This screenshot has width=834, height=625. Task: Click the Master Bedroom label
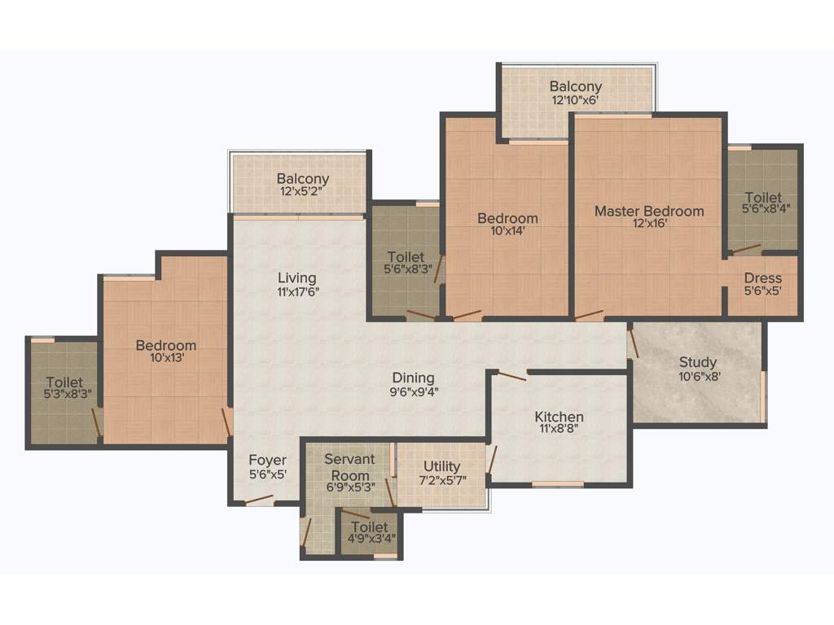[648, 211]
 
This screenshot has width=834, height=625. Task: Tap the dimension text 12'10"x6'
[575, 100]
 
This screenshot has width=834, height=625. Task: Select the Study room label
[698, 362]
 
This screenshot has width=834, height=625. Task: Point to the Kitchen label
[560, 417]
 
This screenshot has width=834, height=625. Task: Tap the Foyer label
[267, 461]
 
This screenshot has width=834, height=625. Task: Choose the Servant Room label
[349, 467]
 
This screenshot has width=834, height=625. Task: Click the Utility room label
[441, 466]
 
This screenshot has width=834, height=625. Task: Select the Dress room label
[762, 278]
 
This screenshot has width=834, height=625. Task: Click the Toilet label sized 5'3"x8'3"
[64, 382]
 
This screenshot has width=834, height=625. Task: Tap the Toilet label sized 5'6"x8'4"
[762, 197]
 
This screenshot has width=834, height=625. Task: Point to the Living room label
[296, 278]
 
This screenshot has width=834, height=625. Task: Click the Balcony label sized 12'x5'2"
[302, 179]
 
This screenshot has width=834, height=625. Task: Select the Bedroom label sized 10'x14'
[507, 218]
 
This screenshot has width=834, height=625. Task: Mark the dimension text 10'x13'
[165, 359]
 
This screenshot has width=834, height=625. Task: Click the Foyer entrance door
[259, 500]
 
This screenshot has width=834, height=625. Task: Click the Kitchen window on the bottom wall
[557, 484]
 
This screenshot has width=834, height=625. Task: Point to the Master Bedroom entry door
[589, 315]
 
